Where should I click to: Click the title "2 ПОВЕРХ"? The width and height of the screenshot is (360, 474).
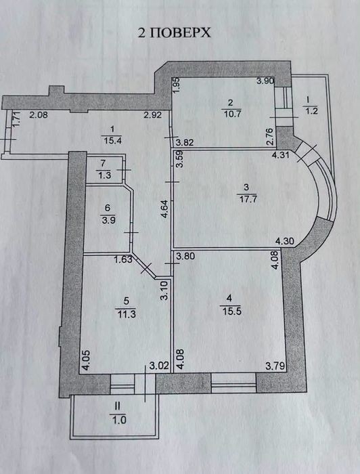(x=175, y=33)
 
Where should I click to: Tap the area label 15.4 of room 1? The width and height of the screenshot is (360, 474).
(x=112, y=141)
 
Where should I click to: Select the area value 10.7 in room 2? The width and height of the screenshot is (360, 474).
(x=231, y=114)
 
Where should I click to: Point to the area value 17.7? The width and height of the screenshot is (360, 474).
(x=247, y=199)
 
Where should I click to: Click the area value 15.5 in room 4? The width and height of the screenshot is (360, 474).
(x=231, y=311)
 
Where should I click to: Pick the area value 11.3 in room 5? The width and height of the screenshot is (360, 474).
(x=126, y=314)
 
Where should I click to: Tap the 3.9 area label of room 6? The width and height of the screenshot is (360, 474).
(x=108, y=220)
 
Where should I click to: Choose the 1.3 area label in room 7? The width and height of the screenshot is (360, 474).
(x=104, y=175)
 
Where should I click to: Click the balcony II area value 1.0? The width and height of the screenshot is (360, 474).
(x=118, y=420)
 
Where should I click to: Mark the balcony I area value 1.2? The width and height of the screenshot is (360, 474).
(x=311, y=110)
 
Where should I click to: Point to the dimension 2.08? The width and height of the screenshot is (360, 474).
(x=39, y=114)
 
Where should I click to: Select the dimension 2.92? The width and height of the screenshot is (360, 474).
(x=153, y=115)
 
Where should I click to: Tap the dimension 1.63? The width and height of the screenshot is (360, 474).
(x=123, y=259)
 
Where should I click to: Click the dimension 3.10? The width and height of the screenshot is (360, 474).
(x=164, y=290)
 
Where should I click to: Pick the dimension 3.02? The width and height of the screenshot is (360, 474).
(x=159, y=366)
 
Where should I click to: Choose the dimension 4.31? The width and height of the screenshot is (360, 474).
(x=281, y=155)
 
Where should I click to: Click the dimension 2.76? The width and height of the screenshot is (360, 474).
(x=270, y=136)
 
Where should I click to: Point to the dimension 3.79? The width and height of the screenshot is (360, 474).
(x=275, y=366)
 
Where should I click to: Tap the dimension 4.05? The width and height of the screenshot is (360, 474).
(x=86, y=360)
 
